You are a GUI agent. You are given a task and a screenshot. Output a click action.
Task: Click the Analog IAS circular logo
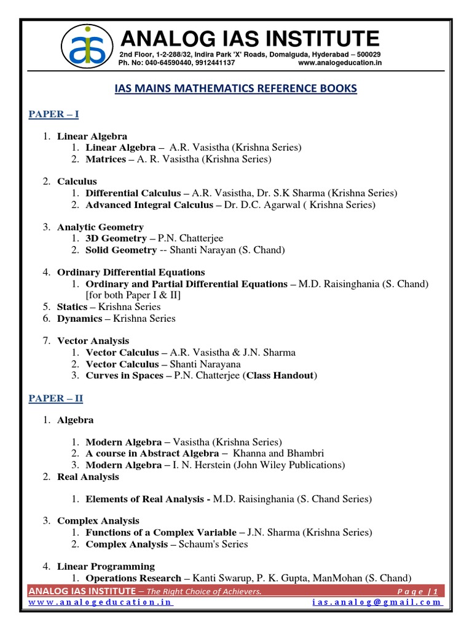pyautogui.click(x=89, y=47)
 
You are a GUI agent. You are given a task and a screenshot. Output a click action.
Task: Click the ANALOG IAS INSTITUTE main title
pyautogui.click(x=250, y=39)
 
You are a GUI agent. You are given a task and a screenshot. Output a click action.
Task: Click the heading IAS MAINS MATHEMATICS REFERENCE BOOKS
pyautogui.click(x=236, y=89)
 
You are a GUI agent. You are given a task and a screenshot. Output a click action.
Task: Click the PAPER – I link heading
pyautogui.click(x=54, y=114)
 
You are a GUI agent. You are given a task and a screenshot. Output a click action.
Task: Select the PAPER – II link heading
pyautogui.click(x=56, y=399)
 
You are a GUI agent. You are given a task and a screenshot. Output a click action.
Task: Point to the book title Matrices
pyautogui.click(x=106, y=159)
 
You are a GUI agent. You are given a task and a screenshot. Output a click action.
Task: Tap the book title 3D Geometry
pyautogui.click(x=116, y=238)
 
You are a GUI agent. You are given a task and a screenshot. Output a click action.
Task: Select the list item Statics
pyautogui.click(x=73, y=306)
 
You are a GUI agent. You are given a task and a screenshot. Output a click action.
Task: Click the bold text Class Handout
pyautogui.click(x=280, y=375)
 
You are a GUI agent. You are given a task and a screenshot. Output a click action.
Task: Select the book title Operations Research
pyautogui.click(x=133, y=578)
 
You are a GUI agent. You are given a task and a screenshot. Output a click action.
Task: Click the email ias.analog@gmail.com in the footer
pyautogui.click(x=377, y=602)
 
